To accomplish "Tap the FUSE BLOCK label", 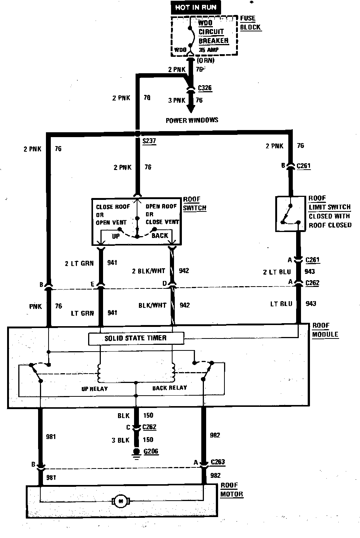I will click(250, 23).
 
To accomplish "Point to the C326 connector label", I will click(205, 88).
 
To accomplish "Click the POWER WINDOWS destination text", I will click(192, 120).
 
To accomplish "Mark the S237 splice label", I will click(149, 141).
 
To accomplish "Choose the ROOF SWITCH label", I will click(194, 204).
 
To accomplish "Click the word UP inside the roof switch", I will click(116, 236).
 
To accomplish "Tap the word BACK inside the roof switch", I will click(160, 236).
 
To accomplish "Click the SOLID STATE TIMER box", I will click(136, 338).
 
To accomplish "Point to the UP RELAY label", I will click(94, 389).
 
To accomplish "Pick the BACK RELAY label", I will click(169, 388).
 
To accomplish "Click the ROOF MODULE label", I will click(325, 330).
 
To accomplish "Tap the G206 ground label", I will click(151, 451).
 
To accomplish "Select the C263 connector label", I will click(218, 462).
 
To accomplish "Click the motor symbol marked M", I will click(120, 501).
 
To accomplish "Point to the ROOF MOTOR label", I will click(232, 489).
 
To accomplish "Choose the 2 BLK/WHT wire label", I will click(149, 271).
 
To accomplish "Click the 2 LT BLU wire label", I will click(277, 272).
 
